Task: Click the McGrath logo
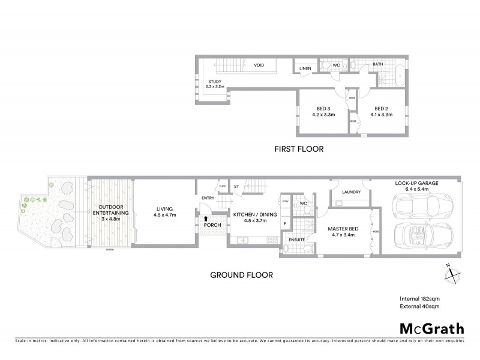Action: pos(431,328)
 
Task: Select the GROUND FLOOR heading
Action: pos(241,275)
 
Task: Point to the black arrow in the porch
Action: pos(206,220)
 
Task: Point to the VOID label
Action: pos(259,65)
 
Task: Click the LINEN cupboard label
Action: pos(305,68)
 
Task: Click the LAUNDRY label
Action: pos(350,192)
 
